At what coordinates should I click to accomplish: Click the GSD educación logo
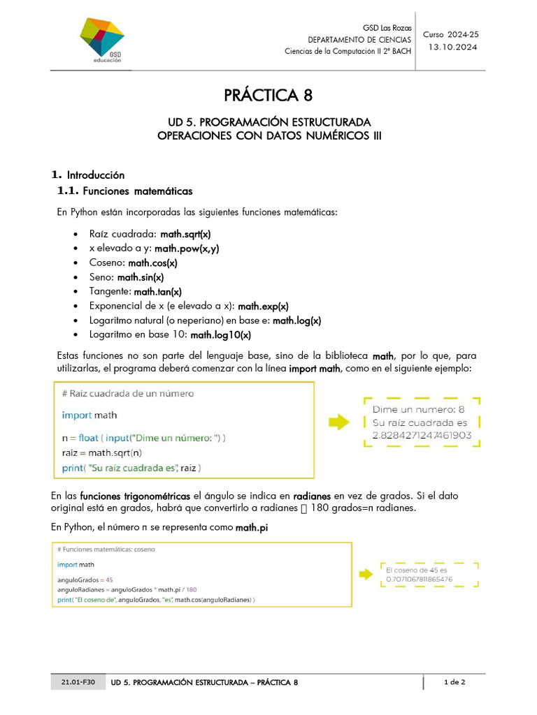(101, 40)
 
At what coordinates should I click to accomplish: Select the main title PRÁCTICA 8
(268, 95)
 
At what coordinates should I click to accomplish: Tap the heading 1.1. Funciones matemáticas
(124, 191)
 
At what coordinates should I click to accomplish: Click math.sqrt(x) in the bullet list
(185, 234)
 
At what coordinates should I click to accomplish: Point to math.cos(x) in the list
(152, 263)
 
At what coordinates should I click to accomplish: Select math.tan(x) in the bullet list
(157, 292)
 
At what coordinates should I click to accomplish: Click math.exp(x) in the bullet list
(263, 306)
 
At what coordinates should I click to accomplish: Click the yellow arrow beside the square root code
(339, 422)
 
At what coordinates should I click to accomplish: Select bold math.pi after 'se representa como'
(252, 529)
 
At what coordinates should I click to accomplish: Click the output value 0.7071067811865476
(419, 579)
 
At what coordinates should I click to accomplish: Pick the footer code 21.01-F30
(69, 681)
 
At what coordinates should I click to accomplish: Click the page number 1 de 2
(454, 681)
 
